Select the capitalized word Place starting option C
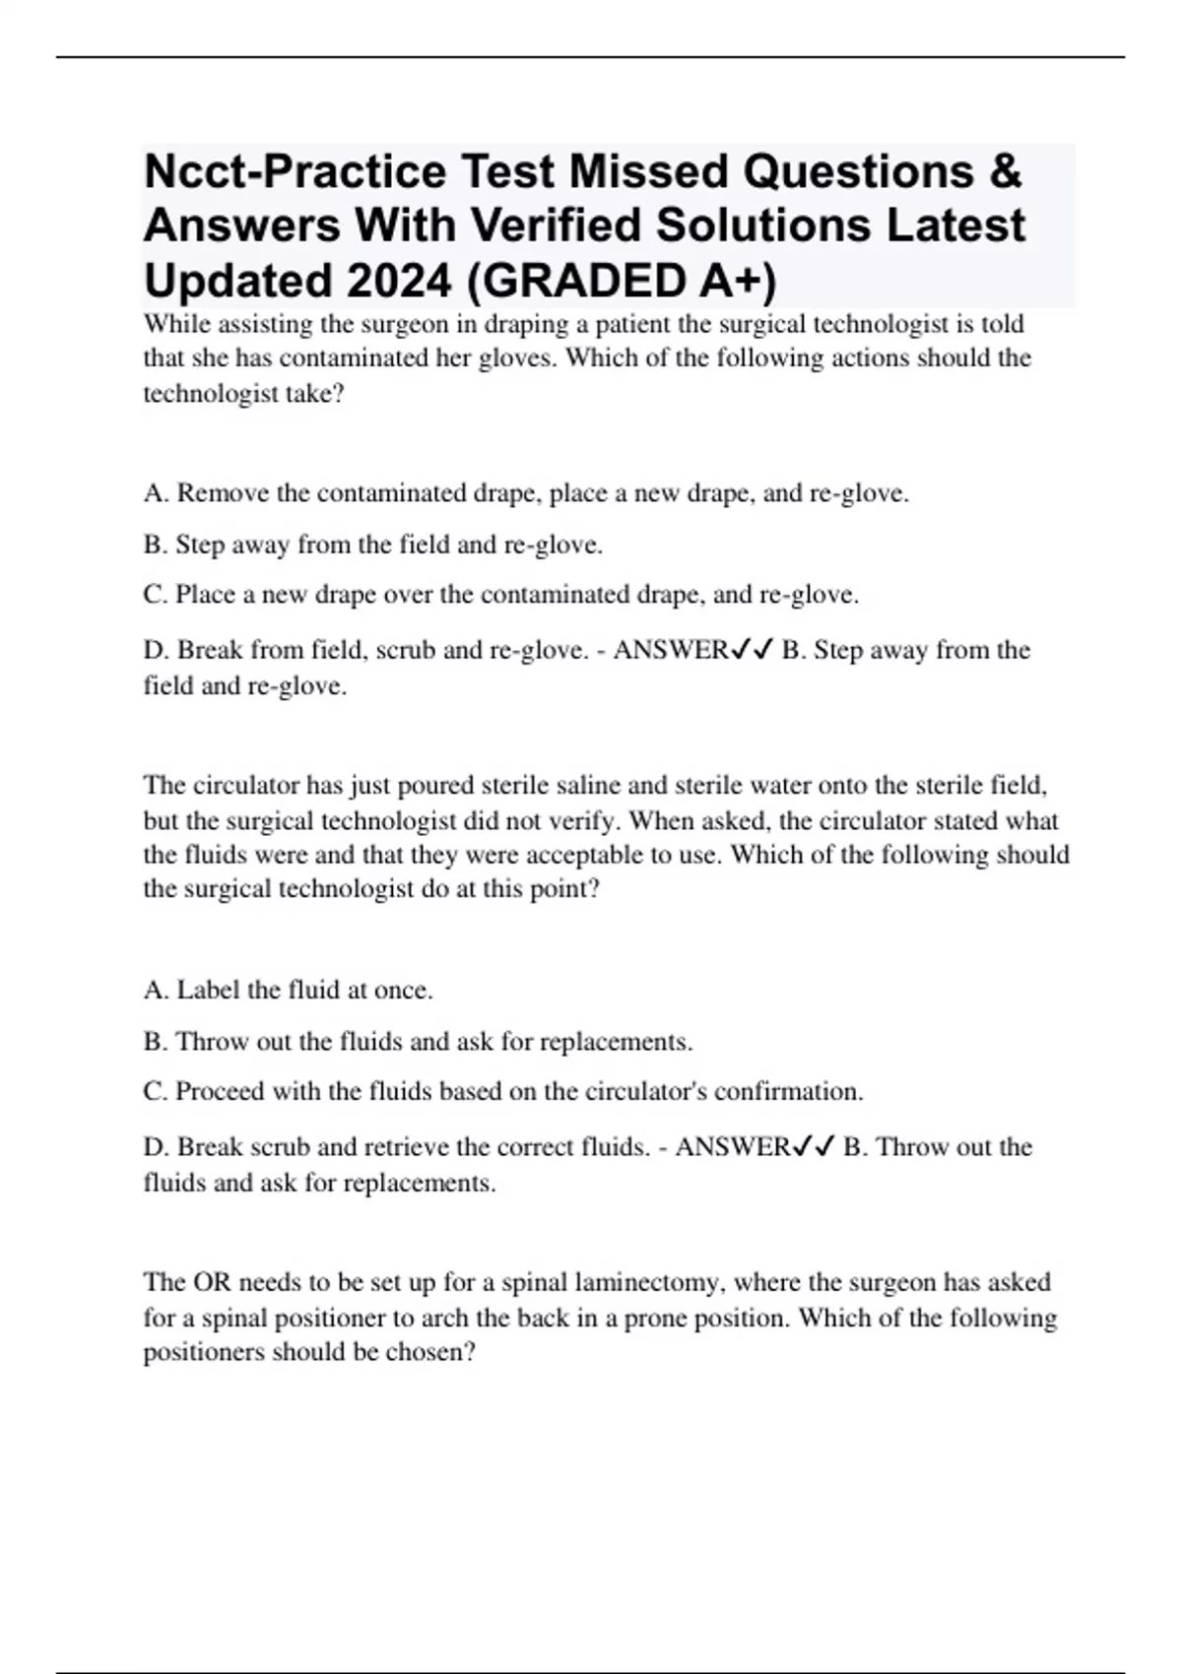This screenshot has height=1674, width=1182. tap(205, 595)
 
